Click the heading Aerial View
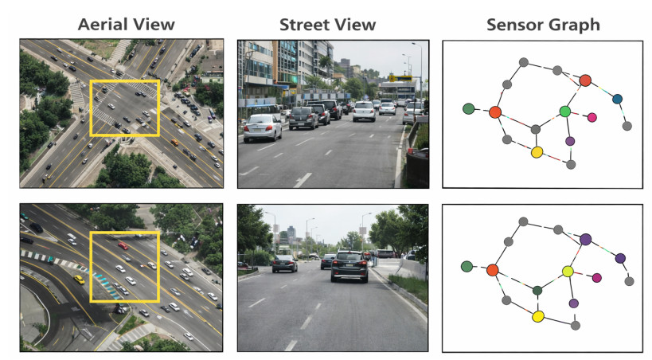126,25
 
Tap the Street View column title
327,25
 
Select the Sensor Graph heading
544,25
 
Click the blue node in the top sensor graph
617,99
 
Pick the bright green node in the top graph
565,112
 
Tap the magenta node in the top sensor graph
591,118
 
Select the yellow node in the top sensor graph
537,151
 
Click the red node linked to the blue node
585,80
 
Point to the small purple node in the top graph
570,141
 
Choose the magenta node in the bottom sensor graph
597,277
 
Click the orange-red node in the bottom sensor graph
493,270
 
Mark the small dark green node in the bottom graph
537,291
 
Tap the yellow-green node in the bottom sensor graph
568,272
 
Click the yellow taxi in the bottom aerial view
79,280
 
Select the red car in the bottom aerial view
123,245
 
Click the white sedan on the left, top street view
262,127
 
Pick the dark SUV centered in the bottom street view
349,266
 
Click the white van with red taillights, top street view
365,110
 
